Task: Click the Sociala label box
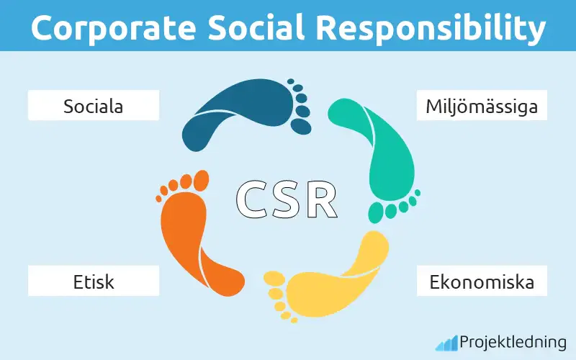coord(93,107)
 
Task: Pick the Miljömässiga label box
coord(482,107)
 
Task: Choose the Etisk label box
coord(93,281)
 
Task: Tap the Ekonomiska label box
coord(482,281)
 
